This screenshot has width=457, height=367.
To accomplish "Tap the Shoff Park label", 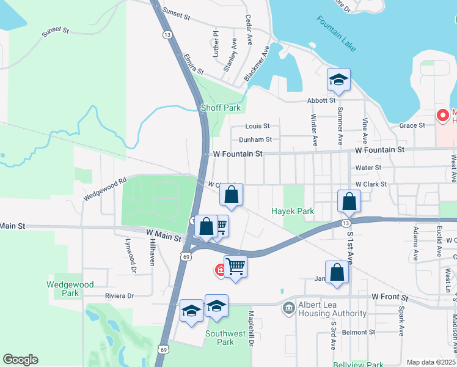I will point(221,108).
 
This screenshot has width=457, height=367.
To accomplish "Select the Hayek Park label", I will point(293,211).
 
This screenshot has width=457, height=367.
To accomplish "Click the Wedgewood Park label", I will point(71,289).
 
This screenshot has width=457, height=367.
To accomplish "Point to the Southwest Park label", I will point(220,338).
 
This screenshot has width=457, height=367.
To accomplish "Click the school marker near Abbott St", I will point(338,80).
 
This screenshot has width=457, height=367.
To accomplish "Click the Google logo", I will point(21,360).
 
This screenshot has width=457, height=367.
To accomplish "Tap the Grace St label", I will point(412,125).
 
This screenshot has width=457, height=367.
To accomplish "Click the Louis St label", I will point(257,126).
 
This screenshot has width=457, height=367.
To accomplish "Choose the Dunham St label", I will point(255,139).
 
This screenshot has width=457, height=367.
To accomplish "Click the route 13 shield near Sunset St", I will point(167,35).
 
